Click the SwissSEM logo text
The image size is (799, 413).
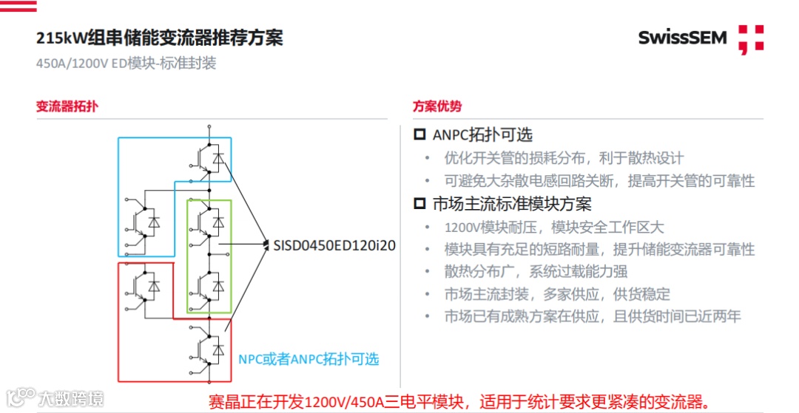pos(682,37)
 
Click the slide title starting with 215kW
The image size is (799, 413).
pos(160,38)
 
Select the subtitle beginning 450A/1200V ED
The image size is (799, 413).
pos(126,63)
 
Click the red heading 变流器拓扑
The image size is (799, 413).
pos(67,106)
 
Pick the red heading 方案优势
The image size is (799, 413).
pos(437,106)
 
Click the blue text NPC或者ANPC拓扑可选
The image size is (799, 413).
pos(309,359)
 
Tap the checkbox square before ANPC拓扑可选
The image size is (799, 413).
pos(419,135)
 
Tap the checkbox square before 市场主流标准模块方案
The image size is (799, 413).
pos(419,203)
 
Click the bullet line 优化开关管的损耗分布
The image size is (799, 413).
pos(564,158)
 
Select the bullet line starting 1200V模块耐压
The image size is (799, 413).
pos(554,227)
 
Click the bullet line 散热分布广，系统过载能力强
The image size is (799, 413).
pos(536,272)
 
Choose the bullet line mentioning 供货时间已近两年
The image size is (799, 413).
pos(592,316)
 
